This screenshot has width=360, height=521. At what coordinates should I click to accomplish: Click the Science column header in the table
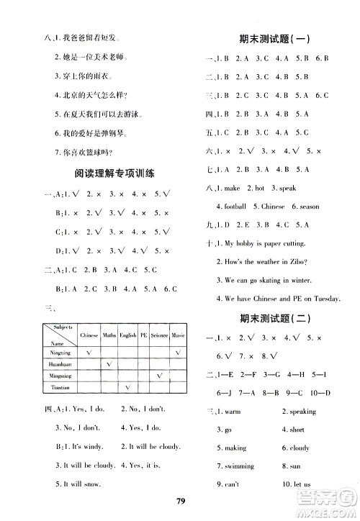(x=159, y=335)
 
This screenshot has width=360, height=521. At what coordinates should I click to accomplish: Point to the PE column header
(x=143, y=335)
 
